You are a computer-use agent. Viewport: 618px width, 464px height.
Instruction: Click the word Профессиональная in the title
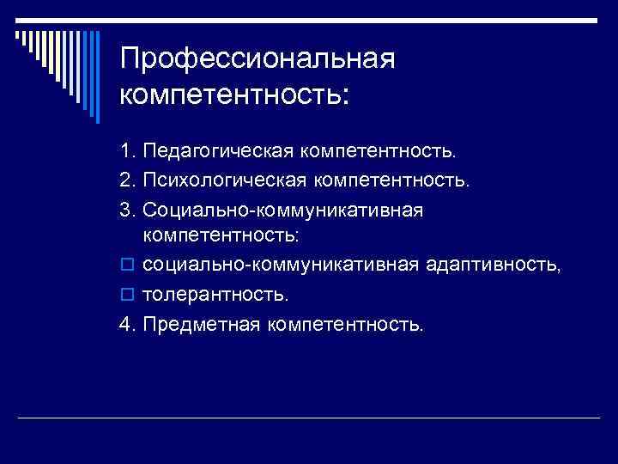coord(257,59)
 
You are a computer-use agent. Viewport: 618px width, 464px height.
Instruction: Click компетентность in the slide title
coord(234,92)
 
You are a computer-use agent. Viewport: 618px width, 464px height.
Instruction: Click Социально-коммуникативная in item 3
coord(283,210)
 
